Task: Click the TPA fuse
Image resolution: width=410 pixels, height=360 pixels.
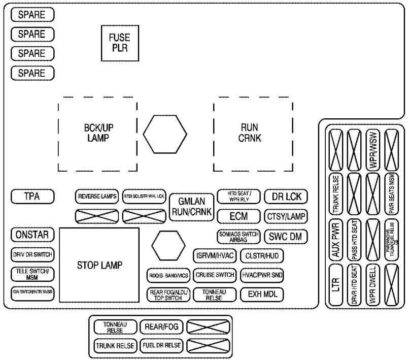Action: click(x=32, y=196)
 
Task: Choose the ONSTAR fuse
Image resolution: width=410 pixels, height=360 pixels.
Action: click(x=32, y=235)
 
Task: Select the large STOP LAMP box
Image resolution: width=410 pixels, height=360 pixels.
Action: click(x=99, y=265)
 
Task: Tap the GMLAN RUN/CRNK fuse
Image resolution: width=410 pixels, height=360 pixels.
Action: click(x=191, y=207)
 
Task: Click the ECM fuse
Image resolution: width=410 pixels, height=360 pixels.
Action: click(x=238, y=216)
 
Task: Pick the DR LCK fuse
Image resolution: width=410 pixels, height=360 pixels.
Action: click(x=286, y=197)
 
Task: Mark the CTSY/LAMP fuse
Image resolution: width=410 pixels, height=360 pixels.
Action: click(x=286, y=216)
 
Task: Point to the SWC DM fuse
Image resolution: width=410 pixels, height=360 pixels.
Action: click(x=286, y=236)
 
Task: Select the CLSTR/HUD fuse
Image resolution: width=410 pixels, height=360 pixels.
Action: click(x=262, y=255)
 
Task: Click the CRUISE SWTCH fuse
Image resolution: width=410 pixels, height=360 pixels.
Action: click(x=216, y=275)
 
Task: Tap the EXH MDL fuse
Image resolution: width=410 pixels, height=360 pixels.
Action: click(x=262, y=293)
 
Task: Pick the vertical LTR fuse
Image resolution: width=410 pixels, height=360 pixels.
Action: click(x=335, y=285)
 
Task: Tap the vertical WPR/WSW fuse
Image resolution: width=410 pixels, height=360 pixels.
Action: click(x=373, y=145)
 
